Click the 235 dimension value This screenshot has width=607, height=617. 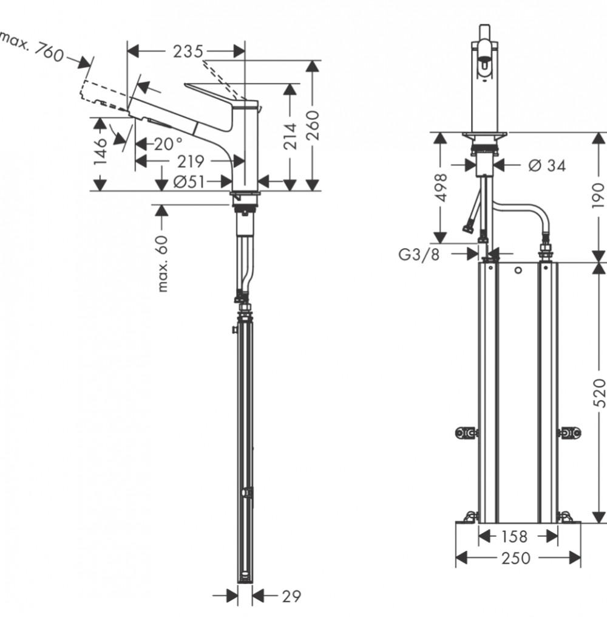click(188, 52)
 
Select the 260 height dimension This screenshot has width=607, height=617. click(313, 125)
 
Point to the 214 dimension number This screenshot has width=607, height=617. click(290, 136)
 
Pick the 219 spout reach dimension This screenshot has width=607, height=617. click(191, 161)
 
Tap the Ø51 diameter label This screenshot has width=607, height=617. click(189, 182)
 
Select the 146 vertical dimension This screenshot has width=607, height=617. click(101, 151)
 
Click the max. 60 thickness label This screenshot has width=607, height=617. click(162, 264)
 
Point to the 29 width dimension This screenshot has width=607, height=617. click(291, 596)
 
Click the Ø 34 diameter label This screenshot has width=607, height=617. click(548, 166)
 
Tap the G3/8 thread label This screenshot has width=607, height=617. click(419, 255)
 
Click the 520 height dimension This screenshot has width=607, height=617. click(599, 393)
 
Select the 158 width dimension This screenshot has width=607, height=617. click(514, 536)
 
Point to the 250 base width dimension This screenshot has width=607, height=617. click(516, 558)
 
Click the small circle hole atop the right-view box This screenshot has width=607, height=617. click(518, 270)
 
